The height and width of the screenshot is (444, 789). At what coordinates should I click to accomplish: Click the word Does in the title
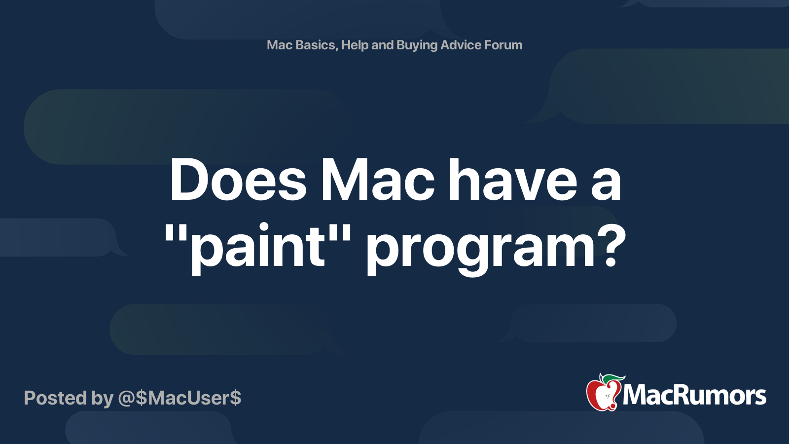(x=239, y=180)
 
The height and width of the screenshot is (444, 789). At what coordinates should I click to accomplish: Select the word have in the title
(x=513, y=180)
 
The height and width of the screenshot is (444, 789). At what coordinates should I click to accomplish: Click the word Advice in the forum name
(x=461, y=45)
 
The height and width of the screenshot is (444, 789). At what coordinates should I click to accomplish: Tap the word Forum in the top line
(x=503, y=45)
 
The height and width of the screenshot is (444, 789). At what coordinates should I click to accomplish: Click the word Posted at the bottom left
(x=56, y=398)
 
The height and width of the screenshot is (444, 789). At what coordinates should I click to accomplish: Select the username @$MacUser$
(x=179, y=398)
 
